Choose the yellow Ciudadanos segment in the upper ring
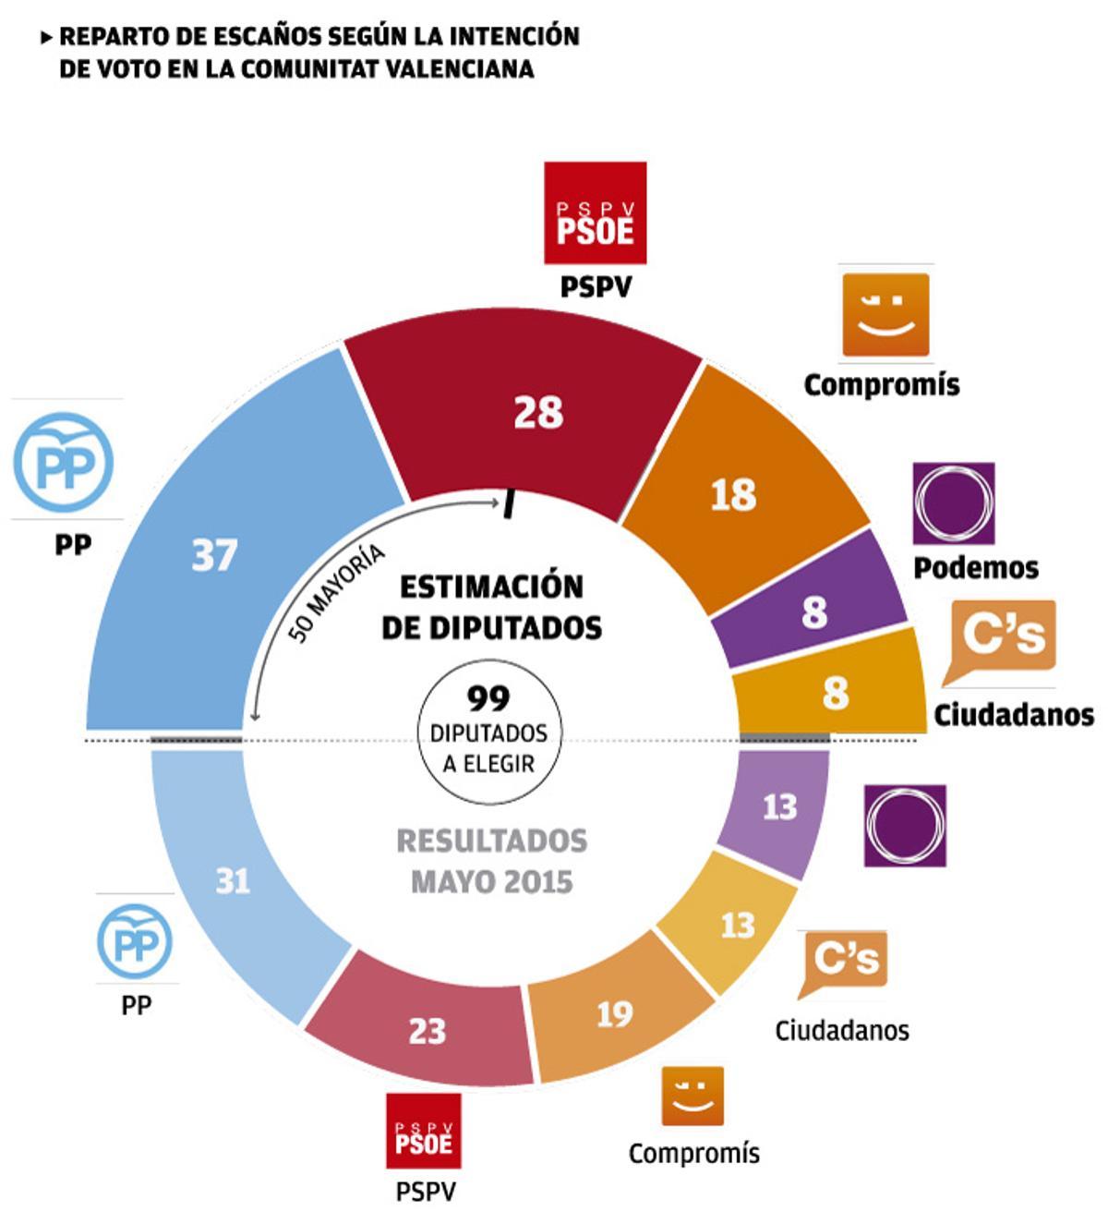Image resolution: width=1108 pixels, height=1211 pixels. [836, 691]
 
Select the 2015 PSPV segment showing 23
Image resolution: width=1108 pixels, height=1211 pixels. [427, 1030]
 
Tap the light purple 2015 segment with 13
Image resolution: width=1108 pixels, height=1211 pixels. [778, 806]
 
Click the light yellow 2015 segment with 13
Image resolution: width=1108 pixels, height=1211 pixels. [737, 924]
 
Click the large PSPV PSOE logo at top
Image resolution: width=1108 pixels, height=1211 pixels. [595, 213]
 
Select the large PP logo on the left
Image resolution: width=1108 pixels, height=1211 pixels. [64, 461]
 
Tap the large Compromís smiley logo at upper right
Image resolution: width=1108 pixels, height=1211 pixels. [885, 314]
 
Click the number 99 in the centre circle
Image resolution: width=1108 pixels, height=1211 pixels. [488, 696]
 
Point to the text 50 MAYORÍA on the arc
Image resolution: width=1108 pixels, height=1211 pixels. [336, 595]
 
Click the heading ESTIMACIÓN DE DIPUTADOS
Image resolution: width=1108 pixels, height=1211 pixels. [491, 607]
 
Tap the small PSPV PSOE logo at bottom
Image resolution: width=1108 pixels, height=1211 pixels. [423, 1132]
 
